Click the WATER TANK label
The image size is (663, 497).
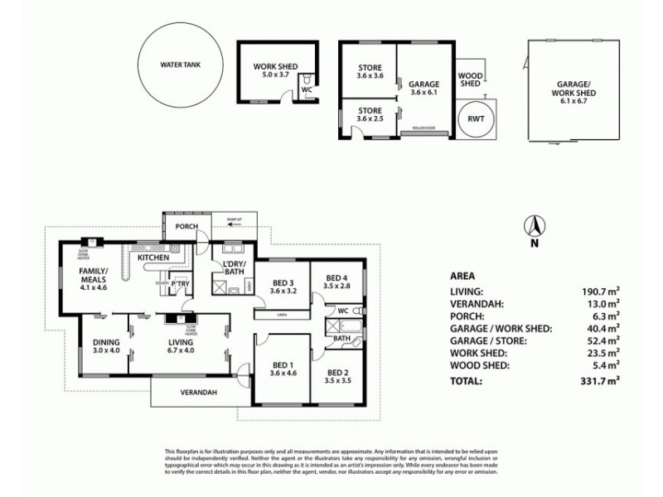coord(181,63)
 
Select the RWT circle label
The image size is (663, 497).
coord(476,118)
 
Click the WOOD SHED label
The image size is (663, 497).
coord(470,79)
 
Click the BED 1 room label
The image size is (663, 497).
coord(283,365)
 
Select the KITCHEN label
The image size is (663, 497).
coord(153,258)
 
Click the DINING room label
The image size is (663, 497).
coord(106,341)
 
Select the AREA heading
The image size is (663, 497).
coord(462,276)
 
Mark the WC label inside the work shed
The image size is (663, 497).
coord(306,89)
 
